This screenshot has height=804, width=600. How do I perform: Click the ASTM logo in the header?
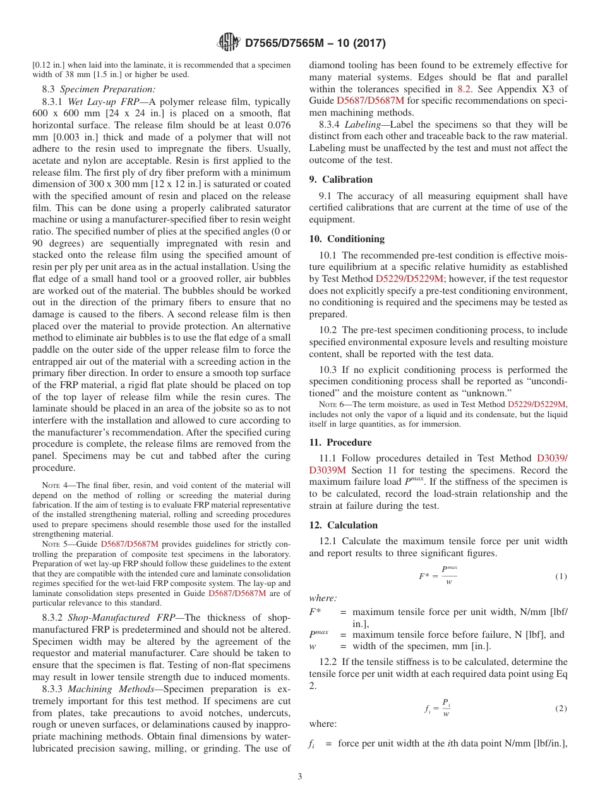click(228, 43)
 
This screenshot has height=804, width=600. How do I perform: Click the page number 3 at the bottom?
click(300, 776)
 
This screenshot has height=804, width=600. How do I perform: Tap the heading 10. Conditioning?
click(347, 239)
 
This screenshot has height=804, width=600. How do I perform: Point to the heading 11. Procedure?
click(340, 442)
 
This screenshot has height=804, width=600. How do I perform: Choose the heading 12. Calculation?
click(344, 525)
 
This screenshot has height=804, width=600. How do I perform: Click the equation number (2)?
click(561, 709)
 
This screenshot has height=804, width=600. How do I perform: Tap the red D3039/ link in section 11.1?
click(552, 458)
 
